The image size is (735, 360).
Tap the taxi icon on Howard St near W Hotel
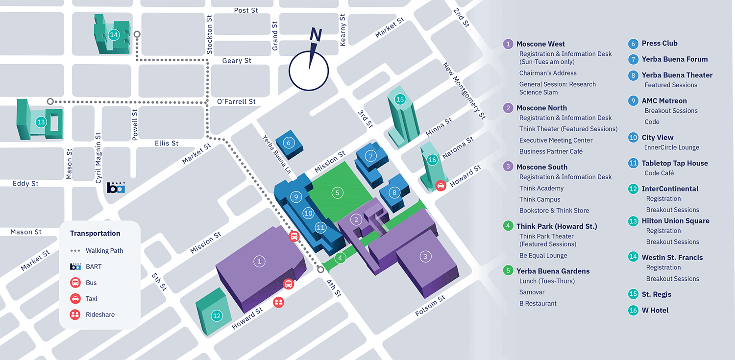[441, 186]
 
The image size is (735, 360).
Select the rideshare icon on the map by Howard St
[279, 302]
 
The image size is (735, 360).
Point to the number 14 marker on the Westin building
[114, 35]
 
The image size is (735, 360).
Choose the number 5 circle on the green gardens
[337, 192]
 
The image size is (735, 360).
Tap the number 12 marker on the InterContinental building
[217, 316]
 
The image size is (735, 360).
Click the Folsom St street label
[430, 306]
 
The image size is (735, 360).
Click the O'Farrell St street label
[236, 101]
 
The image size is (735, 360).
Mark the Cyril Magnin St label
[98, 158]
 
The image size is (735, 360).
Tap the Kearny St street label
[343, 30]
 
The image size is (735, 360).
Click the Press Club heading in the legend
[660, 44]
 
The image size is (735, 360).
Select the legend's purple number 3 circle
[509, 167]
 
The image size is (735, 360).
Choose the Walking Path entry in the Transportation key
[104, 251]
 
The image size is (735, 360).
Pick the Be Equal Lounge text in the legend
[543, 256]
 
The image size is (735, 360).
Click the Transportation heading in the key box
[95, 234]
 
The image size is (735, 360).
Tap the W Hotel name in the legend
[655, 311]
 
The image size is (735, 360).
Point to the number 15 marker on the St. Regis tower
[400, 99]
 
